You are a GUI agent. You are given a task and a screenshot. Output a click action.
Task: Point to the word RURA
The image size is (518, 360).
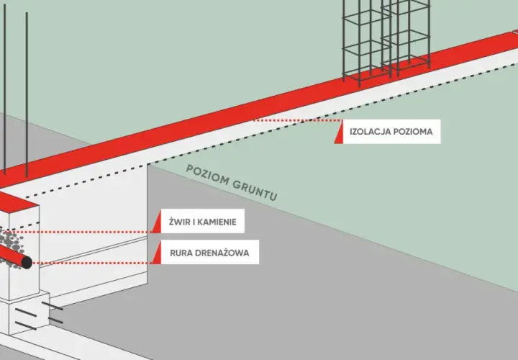[181, 253]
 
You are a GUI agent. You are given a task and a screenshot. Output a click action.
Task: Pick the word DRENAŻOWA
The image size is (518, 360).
[222, 253]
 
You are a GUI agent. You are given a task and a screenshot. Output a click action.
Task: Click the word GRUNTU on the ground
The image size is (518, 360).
[255, 189]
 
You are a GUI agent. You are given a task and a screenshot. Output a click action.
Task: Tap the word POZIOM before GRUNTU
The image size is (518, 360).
[208, 174]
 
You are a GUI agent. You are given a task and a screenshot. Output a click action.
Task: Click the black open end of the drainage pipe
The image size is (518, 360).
[27, 263]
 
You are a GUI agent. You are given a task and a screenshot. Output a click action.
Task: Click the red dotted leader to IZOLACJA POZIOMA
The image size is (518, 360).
[298, 121]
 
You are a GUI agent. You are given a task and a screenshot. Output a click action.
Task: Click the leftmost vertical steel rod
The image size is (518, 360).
[4, 89]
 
